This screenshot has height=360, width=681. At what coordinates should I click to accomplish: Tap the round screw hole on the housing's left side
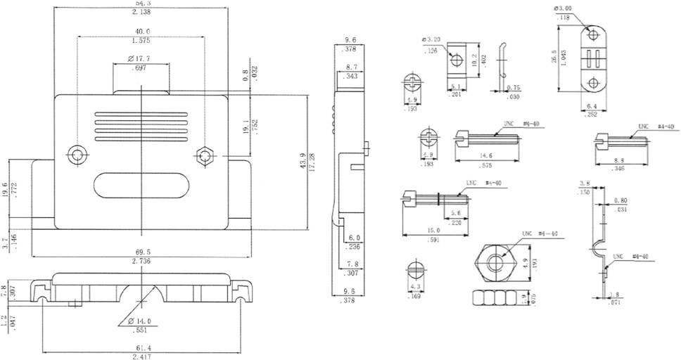[75, 155]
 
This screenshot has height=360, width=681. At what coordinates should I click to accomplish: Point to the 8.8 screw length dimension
[619, 160]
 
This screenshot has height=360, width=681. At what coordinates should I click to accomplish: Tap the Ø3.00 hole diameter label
[564, 8]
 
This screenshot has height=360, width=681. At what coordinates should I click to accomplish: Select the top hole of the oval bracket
[592, 34]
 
